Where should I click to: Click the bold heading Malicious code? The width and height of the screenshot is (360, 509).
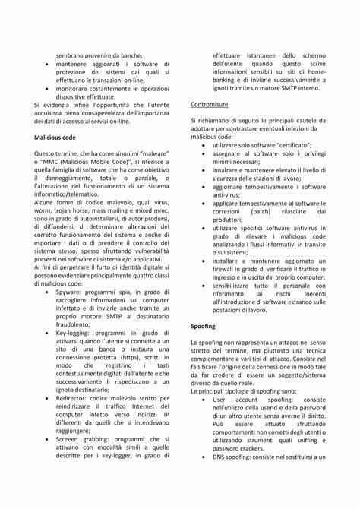[55, 137]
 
